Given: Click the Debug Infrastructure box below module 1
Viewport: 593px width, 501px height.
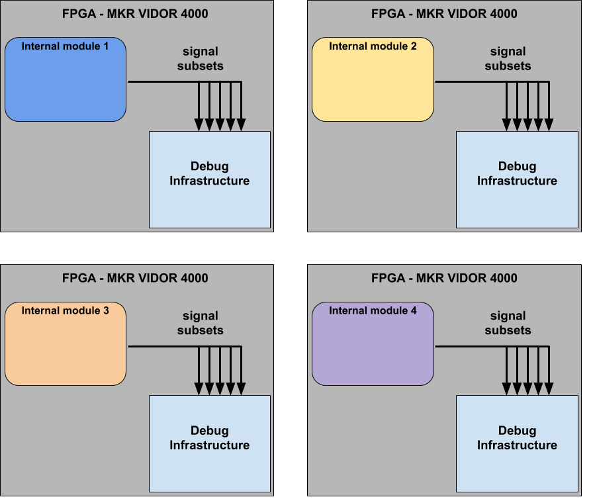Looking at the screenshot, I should pos(209,179).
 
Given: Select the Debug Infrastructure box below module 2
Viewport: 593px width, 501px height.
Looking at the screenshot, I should pos(517,179).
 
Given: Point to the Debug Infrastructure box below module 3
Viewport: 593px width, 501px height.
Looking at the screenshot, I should pos(209,444).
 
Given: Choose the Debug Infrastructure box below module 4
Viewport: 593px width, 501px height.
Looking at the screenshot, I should pos(517,444).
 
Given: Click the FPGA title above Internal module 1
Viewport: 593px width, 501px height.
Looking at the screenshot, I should pos(135,13).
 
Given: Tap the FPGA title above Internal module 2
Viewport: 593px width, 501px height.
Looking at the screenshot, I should pos(444,13).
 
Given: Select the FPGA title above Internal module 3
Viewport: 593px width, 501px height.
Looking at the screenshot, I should pos(135,278).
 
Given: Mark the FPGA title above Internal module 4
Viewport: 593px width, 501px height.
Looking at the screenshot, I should pos(444,278).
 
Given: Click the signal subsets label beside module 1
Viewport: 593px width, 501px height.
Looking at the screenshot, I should pos(201,58).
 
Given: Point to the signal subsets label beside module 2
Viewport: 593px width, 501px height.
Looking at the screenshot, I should pos(508,58).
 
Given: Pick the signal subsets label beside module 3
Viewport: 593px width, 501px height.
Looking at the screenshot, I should pos(201,323).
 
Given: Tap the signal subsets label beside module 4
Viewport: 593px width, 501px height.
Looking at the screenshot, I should pos(508,323).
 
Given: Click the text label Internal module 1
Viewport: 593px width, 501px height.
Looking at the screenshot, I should pos(65,46).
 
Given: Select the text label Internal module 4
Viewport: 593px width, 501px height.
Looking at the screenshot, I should pos(373,310).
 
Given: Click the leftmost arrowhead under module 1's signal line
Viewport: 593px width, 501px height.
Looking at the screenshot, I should pos(199,124).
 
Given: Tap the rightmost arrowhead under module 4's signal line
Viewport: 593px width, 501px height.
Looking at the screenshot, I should pos(549,389).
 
